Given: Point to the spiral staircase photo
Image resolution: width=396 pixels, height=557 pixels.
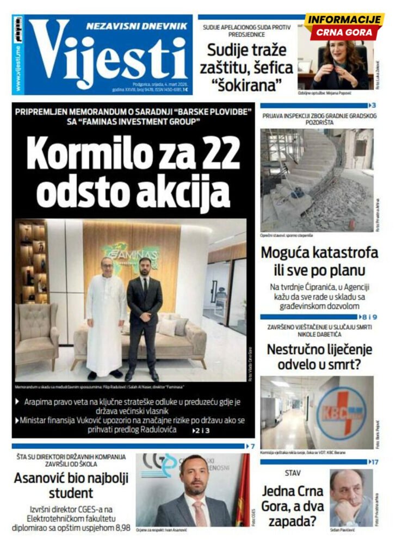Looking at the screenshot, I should click(x=316, y=180).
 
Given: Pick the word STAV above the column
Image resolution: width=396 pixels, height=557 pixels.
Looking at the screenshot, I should click(x=293, y=473).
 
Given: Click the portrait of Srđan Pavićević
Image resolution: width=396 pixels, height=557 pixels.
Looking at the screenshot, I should click(x=351, y=498).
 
